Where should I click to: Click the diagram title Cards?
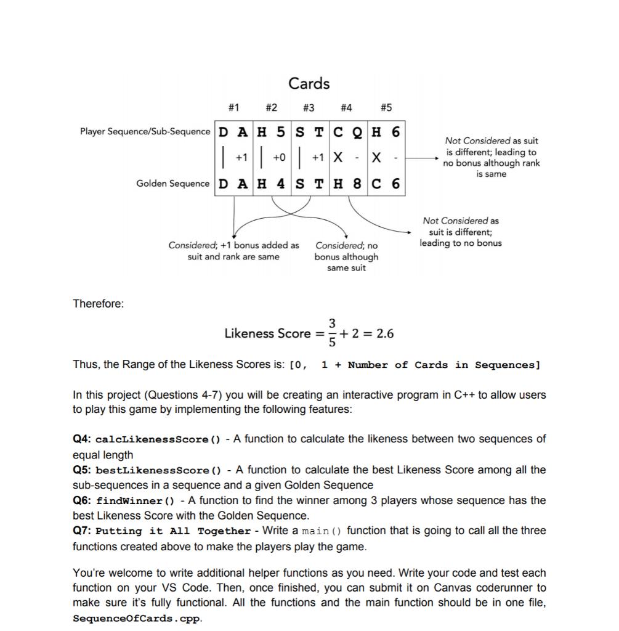pos(309,83)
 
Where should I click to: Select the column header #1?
pos(233,108)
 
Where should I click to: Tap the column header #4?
pos(346,108)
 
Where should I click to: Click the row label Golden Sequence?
pos(172,184)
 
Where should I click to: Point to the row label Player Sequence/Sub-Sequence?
pos(145,132)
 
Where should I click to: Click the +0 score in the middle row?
pos(280,158)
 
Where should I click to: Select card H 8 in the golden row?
pos(347,184)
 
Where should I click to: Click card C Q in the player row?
pos(347,132)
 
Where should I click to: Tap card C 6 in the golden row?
pos(386,184)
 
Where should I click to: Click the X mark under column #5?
pos(376,158)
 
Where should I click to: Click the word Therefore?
pos(98,304)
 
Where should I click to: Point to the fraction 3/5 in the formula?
pos(332,333)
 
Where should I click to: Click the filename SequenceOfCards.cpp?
pos(137,618)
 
